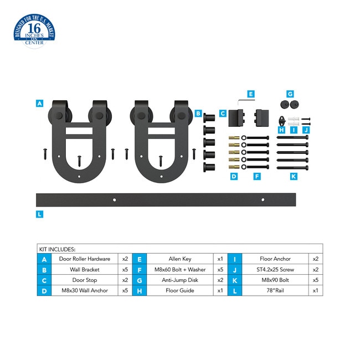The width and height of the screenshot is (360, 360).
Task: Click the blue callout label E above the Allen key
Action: pyautogui.click(x=251, y=94)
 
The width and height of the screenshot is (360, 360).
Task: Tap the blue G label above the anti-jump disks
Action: pyautogui.click(x=290, y=94)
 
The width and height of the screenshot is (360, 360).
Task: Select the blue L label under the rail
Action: pyautogui.click(x=39, y=214)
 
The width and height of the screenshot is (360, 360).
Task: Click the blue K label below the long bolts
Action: pyautogui.click(x=294, y=176)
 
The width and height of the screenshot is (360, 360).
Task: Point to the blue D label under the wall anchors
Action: pyautogui.click(x=234, y=176)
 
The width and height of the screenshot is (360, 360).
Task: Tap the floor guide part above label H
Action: pyautogui.click(x=282, y=121)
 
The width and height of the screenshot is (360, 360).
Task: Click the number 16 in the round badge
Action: pyautogui.click(x=34, y=28)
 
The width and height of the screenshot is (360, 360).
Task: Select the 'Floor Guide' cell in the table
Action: pyautogui.click(x=180, y=290)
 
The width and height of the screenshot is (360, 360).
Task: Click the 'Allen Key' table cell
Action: pyautogui.click(x=180, y=259)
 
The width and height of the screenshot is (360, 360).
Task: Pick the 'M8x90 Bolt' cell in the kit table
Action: pyautogui.click(x=275, y=280)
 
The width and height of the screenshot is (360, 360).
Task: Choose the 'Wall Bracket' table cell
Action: pyautogui.click(x=85, y=269)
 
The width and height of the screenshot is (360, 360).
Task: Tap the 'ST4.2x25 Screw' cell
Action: pyautogui.click(x=275, y=269)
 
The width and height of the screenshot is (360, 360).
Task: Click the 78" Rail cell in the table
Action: pyautogui.click(x=275, y=290)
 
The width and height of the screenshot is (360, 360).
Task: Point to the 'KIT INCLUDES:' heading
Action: pyautogui.click(x=57, y=249)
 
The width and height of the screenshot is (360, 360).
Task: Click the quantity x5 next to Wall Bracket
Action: pyautogui.click(x=125, y=269)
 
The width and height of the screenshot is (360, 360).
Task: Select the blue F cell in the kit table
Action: pyautogui.click(x=140, y=270)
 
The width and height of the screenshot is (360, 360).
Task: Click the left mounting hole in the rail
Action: pyautogui.click(x=114, y=200)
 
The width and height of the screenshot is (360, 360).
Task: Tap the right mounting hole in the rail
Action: pyautogui.click(x=263, y=200)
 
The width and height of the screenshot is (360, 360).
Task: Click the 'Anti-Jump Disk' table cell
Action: pyautogui.click(x=180, y=280)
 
